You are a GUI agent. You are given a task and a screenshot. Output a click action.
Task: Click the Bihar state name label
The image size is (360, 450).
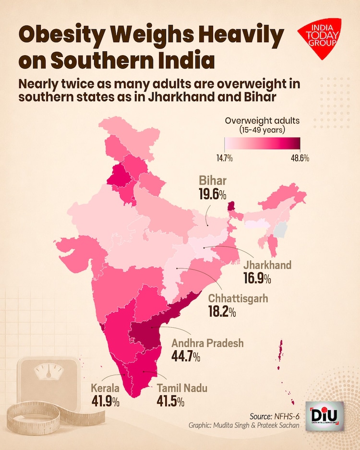[x=213, y=180]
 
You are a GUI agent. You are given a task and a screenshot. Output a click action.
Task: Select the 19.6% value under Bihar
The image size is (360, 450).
[x=213, y=194]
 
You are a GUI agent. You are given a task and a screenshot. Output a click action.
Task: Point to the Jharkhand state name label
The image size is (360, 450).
[x=267, y=265]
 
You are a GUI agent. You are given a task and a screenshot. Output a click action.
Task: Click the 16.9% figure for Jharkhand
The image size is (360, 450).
[x=257, y=278]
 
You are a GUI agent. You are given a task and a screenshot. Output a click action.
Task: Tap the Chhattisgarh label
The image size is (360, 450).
[x=238, y=298]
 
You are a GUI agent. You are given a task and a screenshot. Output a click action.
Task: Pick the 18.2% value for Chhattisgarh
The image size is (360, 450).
[x=222, y=311]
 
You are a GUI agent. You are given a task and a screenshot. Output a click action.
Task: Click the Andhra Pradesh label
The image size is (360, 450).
[x=207, y=343]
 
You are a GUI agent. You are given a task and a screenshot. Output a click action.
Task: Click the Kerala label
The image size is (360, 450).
[x=105, y=388]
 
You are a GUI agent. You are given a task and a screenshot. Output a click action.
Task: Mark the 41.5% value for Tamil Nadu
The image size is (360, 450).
[x=170, y=402]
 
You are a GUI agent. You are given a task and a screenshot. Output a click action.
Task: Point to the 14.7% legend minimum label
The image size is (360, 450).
[x=224, y=158]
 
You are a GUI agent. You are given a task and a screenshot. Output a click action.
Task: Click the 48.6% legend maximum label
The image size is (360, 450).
[x=300, y=158]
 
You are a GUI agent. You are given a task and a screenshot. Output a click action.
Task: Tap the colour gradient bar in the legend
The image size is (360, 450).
[x=263, y=143]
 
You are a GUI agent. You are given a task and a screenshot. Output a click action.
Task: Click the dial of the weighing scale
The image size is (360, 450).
[x=48, y=371]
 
